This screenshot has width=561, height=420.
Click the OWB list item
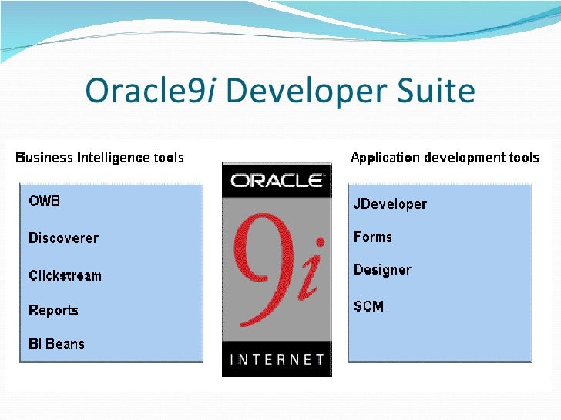point(44,202)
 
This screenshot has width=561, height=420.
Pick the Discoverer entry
point(63,238)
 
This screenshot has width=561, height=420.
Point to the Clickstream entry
point(65,275)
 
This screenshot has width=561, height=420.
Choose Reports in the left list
point(53,311)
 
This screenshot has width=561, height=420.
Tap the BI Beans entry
point(56,344)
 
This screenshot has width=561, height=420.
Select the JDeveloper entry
point(390,205)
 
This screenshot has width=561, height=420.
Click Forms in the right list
point(373,237)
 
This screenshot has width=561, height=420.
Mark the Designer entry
point(382,270)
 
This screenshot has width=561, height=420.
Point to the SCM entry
point(368,306)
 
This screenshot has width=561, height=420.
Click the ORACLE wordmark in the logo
point(277,182)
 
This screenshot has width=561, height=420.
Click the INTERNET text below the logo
point(277,359)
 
